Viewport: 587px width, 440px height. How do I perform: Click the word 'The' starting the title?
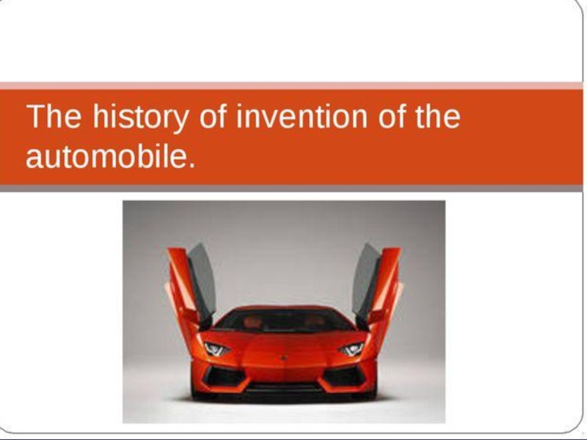click(54, 117)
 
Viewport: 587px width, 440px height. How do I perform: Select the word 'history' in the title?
click(140, 118)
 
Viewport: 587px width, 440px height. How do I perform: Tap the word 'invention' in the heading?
click(302, 117)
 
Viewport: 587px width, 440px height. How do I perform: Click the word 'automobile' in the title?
click(106, 156)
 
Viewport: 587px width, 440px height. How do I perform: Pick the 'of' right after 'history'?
click(213, 117)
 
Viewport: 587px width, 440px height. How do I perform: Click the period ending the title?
click(192, 164)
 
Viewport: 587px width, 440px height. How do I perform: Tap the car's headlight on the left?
click(216, 350)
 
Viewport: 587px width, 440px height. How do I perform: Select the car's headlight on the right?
click(351, 350)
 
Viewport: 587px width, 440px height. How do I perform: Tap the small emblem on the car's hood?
click(284, 358)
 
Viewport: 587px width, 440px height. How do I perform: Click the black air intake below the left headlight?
click(225, 377)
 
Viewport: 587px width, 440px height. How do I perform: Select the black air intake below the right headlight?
click(344, 377)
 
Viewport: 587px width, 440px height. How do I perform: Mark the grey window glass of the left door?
click(203, 281)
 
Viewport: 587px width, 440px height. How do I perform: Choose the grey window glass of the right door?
click(365, 281)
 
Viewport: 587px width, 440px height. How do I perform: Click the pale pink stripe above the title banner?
click(291, 86)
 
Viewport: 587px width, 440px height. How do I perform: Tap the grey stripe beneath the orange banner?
click(291, 188)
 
